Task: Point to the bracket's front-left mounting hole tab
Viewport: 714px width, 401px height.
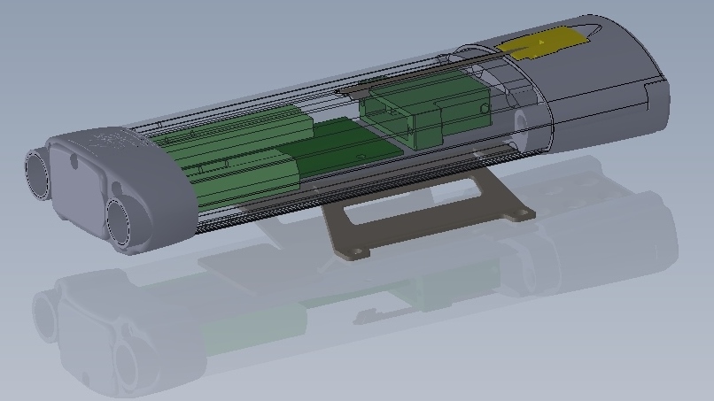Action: click(x=356, y=252)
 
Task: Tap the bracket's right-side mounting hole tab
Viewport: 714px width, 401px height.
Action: click(x=521, y=213)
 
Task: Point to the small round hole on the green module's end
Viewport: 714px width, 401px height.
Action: click(x=484, y=107)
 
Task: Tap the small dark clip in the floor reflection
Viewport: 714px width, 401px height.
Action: click(x=365, y=315)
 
